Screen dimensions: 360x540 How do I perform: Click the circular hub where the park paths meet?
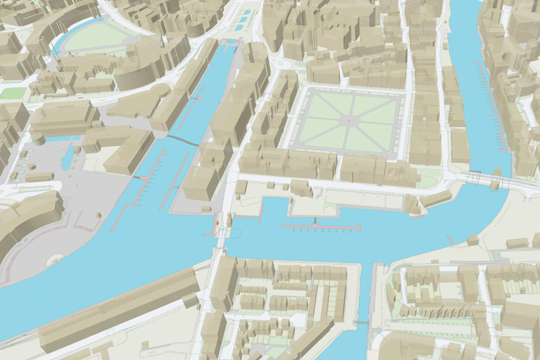point(349,120)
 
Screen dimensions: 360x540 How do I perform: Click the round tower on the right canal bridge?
point(496,172)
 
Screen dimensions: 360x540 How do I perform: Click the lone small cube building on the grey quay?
point(98,215)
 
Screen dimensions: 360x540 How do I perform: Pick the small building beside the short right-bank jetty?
point(472,240)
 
